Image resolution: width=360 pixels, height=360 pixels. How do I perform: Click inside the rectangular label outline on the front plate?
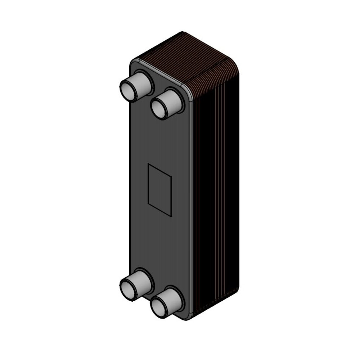coord(159,190)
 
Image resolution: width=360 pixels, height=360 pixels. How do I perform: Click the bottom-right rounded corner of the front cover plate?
coord(189,317)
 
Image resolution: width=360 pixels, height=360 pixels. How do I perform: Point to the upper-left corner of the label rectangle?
coord(148,165)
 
